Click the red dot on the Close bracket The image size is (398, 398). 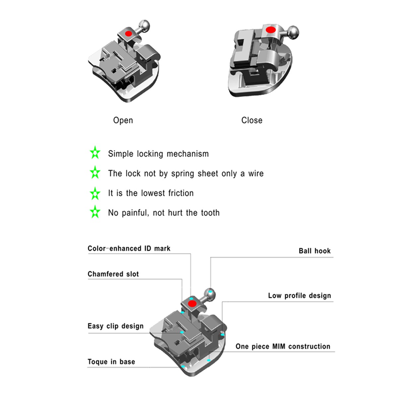[271, 30]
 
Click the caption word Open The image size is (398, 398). [123, 120]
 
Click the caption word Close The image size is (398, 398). [252, 120]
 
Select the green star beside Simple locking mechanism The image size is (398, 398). [95, 153]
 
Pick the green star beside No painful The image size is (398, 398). [95, 212]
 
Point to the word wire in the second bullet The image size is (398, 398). [256, 173]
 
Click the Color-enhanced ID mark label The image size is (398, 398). [129, 248]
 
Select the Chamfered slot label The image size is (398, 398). [113, 274]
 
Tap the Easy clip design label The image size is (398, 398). [115, 326]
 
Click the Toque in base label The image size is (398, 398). [111, 362]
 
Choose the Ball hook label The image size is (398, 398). [314, 251]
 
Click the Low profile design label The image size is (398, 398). [299, 296]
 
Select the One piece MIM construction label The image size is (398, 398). [283, 346]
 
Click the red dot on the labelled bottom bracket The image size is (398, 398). [191, 304]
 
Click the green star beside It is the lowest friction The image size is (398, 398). [95, 193]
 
